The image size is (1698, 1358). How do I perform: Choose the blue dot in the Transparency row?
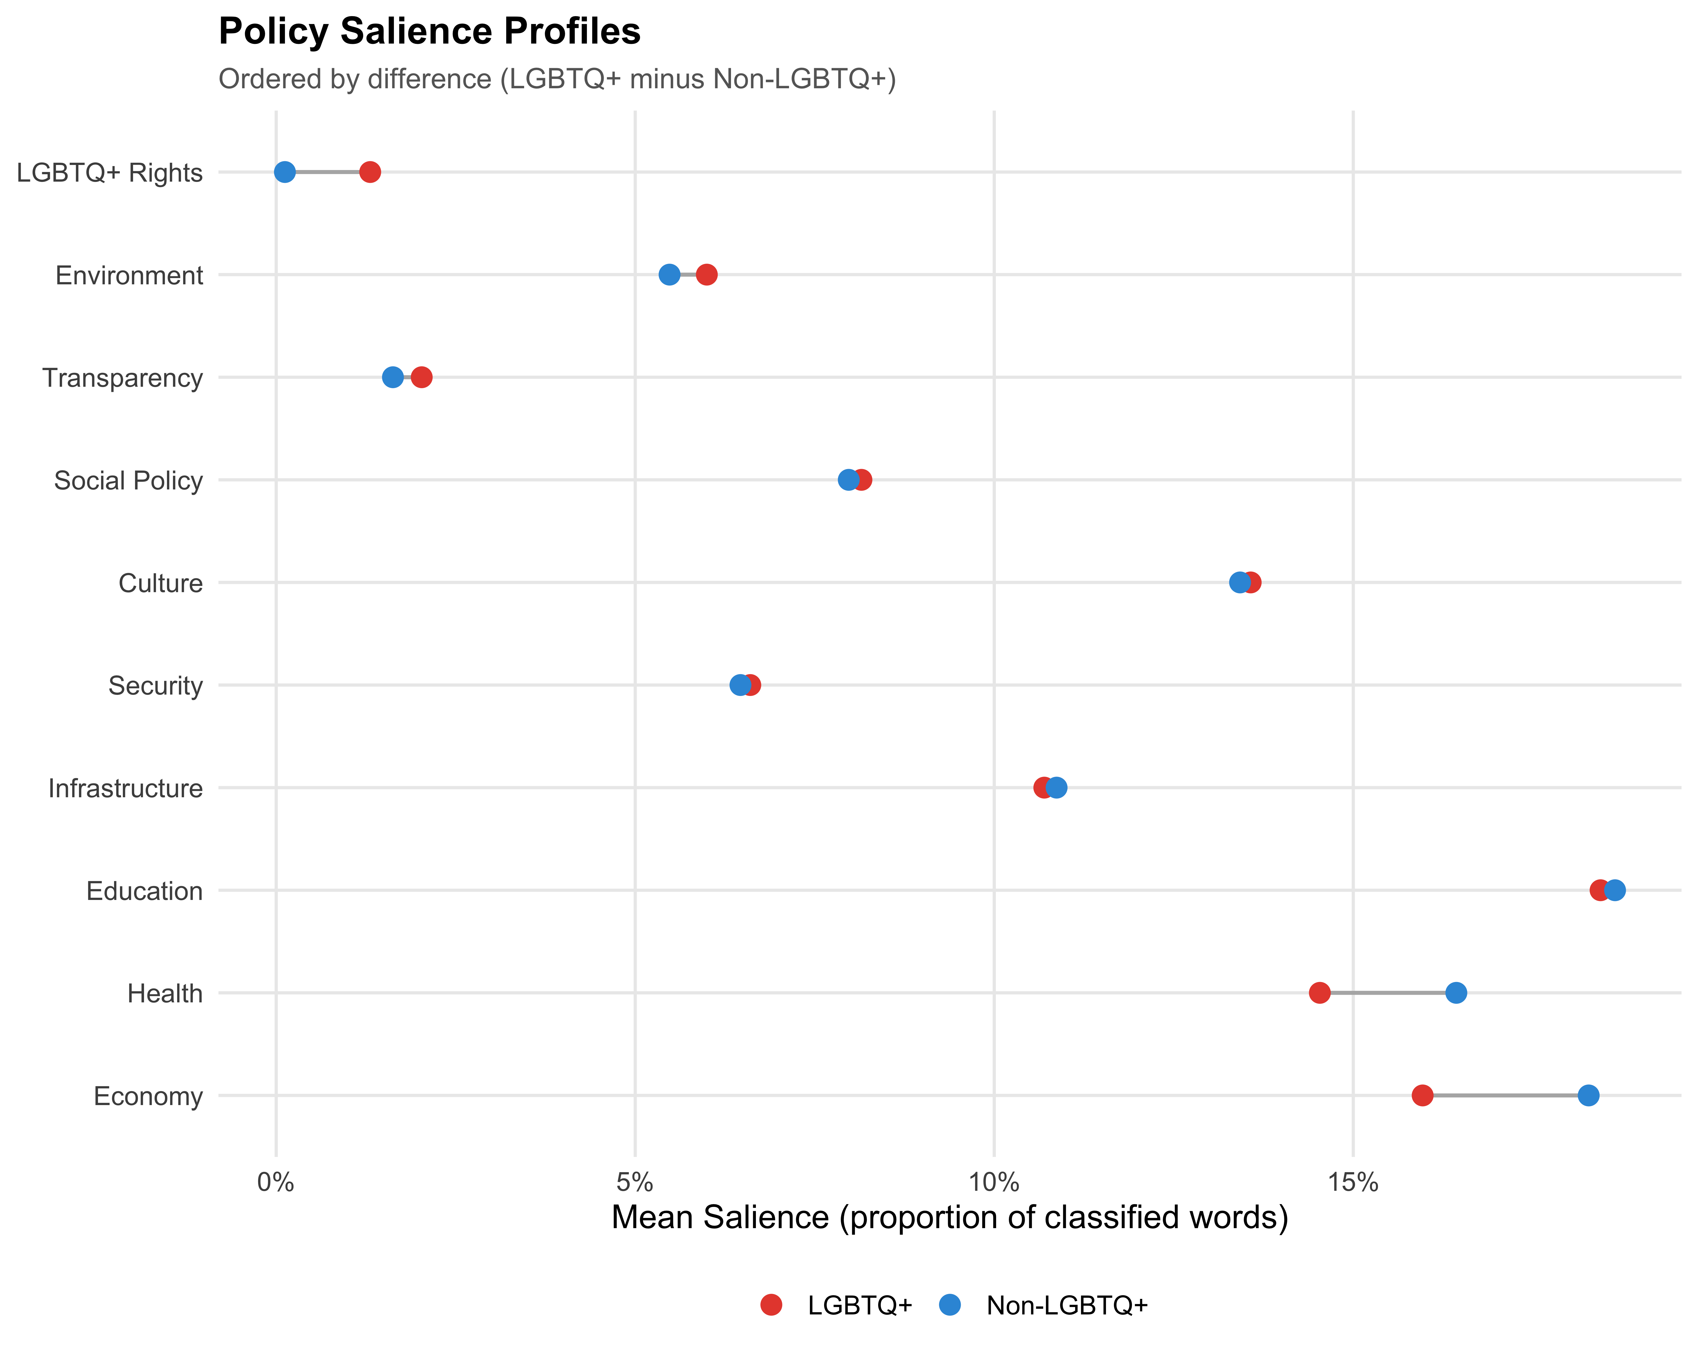coord(392,377)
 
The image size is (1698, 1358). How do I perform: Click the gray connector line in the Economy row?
coord(1504,1095)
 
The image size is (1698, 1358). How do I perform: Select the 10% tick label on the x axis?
coord(994,1182)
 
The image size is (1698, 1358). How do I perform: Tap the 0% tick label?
coord(276,1182)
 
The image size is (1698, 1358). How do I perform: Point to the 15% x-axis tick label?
coord(1353,1182)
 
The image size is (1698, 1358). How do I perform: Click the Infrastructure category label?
coord(125,788)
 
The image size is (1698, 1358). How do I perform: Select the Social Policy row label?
coord(128,480)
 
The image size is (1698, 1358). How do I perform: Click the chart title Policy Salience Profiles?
coord(429,31)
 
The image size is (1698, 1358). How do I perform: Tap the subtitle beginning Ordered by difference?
coord(557,79)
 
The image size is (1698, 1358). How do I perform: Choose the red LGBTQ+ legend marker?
coord(771,1305)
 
